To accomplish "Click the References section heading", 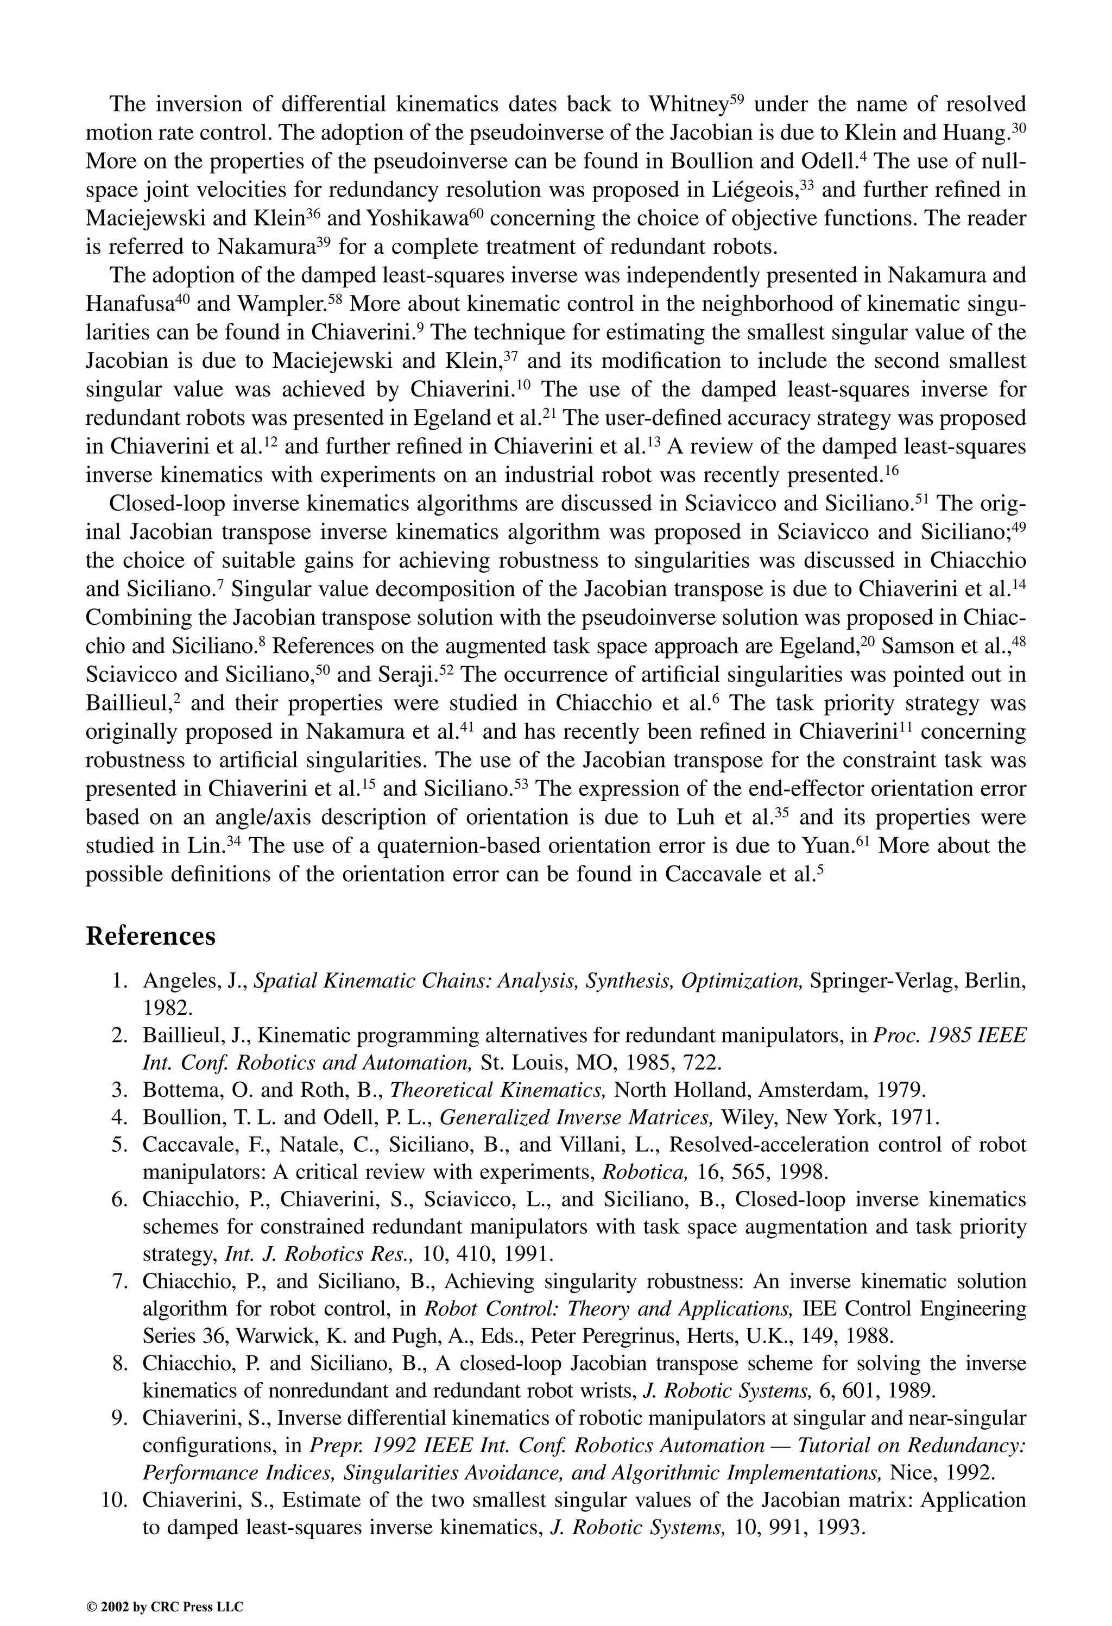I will click(x=150, y=936).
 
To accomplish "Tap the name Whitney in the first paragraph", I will click(x=688, y=105).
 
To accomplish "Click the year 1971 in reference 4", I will click(x=915, y=1118).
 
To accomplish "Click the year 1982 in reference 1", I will click(x=167, y=1008).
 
